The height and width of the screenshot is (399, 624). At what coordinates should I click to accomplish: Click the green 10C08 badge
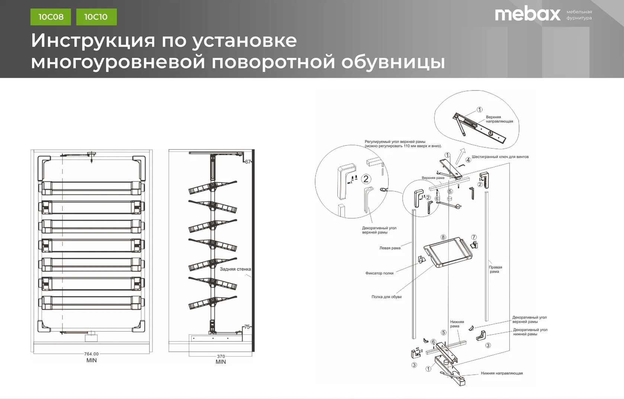coord(51,17)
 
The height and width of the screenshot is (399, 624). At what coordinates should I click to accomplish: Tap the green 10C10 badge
coord(96,17)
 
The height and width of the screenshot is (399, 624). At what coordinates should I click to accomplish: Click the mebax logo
coord(527,15)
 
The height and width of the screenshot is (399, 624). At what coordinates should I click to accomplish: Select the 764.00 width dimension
coord(91,354)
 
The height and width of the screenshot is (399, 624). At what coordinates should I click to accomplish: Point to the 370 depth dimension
coord(221,356)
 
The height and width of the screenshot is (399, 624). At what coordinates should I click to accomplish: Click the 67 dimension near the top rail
coord(248,162)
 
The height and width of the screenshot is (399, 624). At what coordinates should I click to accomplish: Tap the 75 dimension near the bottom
coord(247,327)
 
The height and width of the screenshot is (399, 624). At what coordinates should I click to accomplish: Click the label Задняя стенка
coord(235,269)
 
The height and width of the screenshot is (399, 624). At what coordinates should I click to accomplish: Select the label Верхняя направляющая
coord(499,119)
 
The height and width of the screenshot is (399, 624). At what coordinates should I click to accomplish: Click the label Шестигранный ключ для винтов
coord(500,157)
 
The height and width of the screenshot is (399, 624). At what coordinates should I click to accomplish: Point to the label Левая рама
coord(390,248)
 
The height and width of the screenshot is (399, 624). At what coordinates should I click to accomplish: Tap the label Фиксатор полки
coord(379,273)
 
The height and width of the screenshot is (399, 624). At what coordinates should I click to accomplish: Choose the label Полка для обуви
coord(386,297)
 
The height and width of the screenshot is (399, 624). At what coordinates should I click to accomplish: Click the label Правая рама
coord(495,269)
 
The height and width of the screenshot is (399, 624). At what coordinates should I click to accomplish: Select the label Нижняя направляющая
coord(502,373)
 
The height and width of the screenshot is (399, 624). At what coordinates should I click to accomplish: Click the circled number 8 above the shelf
coord(443,237)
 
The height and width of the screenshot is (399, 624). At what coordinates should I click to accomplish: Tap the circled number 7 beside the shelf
coord(474,237)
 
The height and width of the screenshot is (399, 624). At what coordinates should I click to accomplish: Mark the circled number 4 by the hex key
coord(468,160)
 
